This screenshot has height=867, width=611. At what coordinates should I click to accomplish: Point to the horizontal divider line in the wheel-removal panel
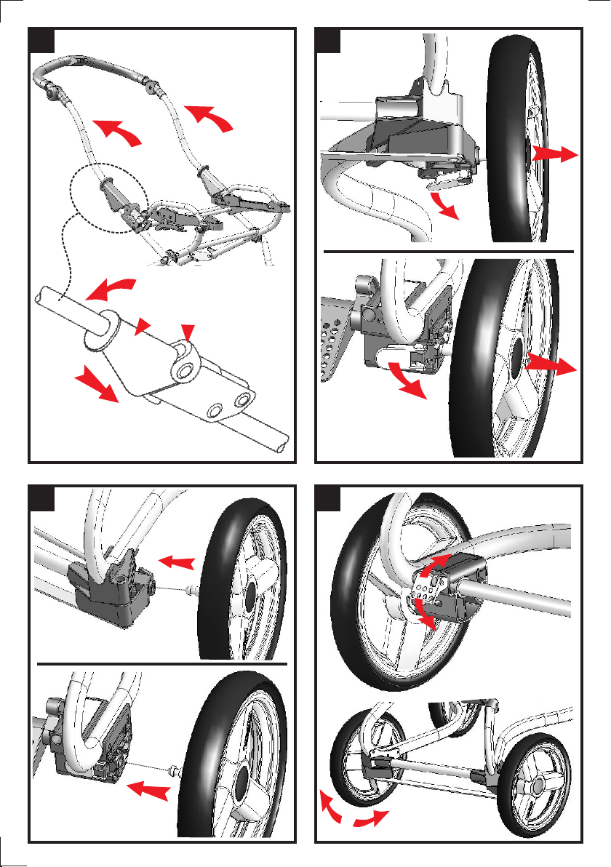coord(448,249)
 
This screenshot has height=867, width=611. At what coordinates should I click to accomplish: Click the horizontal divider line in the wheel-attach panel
coord(162,664)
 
